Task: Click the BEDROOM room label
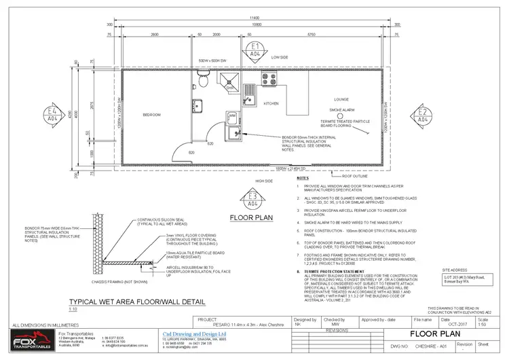pos(151,115)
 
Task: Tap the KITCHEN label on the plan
pos(271,103)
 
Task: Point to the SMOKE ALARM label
pos(343,110)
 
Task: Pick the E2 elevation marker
pos(422,114)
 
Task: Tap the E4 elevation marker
pos(52,114)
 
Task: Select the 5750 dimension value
pos(312,34)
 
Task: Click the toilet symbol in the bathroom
pos(202,82)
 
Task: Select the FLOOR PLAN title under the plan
pos(252,219)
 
